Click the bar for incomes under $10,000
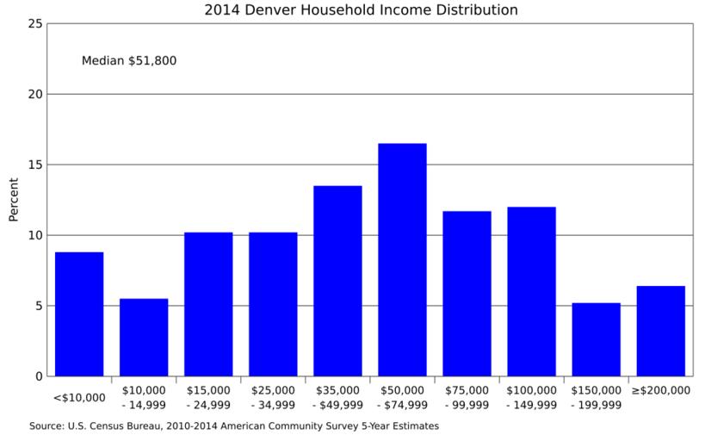[x=79, y=314]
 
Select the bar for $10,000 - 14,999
[x=144, y=338]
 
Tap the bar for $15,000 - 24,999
[x=208, y=304]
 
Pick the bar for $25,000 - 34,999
[x=273, y=304]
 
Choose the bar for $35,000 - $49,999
[x=337, y=281]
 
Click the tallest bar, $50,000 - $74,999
[x=402, y=260]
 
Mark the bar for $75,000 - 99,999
[x=467, y=294]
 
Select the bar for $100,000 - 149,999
[x=531, y=292]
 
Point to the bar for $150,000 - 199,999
[x=596, y=339]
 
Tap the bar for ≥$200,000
[x=660, y=332]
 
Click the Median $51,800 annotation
[x=129, y=61]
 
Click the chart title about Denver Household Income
[x=361, y=10]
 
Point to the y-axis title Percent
[x=14, y=200]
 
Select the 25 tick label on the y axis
[x=35, y=24]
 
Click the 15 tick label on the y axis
[x=35, y=165]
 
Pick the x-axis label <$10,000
[x=79, y=398]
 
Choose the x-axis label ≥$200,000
[x=660, y=390]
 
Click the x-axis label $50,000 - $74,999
[x=402, y=397]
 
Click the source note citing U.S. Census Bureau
[x=234, y=425]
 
